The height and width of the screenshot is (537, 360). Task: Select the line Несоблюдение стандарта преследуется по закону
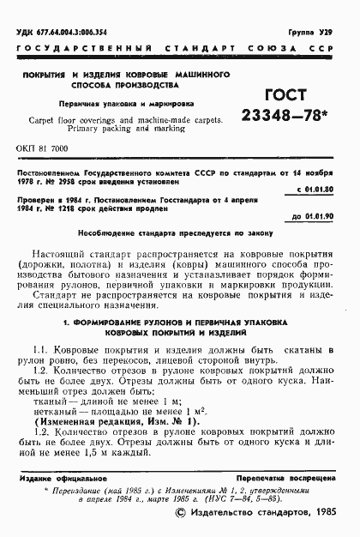pos(179,235)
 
